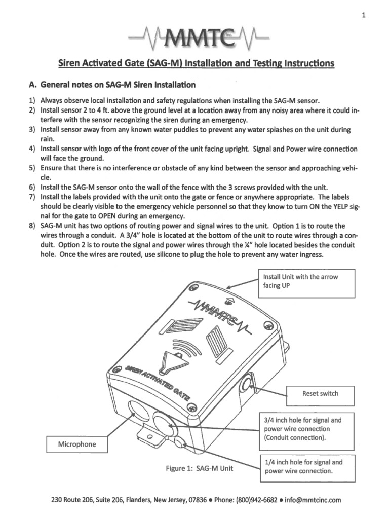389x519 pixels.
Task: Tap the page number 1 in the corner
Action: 364,15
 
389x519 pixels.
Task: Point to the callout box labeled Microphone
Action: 76,444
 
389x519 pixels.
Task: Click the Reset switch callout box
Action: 320,393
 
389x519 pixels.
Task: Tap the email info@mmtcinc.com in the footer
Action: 313,500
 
